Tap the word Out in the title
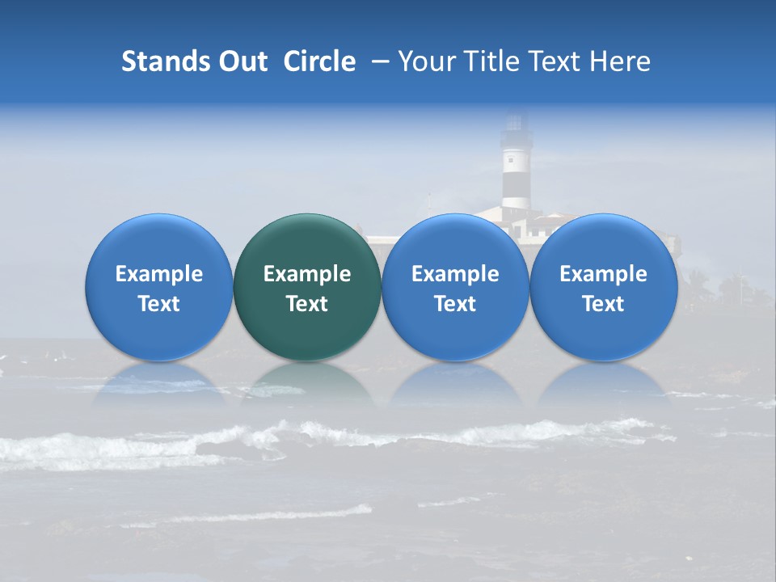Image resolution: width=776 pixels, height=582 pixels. tap(242, 61)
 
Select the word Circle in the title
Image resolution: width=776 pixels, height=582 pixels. tap(319, 61)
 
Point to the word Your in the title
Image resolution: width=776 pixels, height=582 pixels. tap(428, 61)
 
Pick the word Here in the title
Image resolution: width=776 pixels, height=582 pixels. tap(619, 61)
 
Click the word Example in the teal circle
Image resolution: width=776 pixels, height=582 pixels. tap(307, 274)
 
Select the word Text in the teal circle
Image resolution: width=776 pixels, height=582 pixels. tap(307, 304)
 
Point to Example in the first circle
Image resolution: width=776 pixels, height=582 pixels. tap(158, 274)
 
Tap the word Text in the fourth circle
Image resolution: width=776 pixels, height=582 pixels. tap(603, 304)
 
